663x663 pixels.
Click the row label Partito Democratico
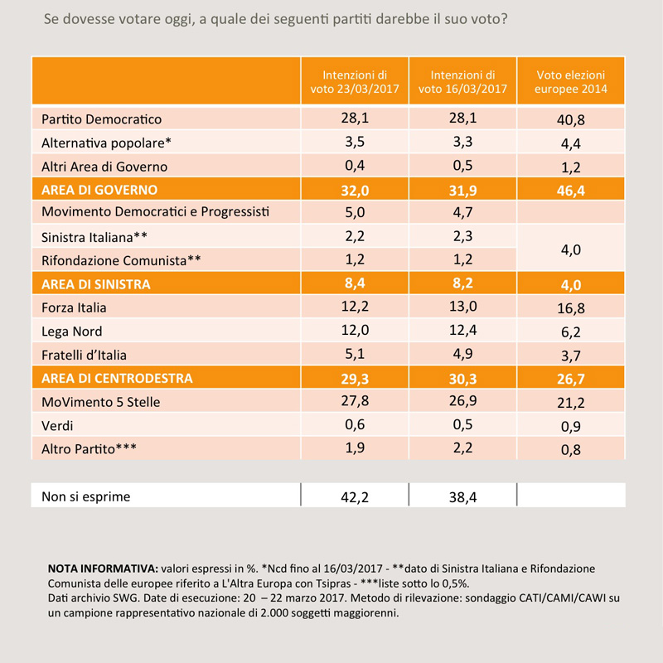101,119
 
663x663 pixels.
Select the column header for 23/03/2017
355,81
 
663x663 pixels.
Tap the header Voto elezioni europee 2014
571,81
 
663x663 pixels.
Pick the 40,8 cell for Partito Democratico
571,120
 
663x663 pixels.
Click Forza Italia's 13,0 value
463,306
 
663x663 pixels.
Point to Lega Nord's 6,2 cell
571,332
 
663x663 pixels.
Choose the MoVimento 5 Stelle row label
100,402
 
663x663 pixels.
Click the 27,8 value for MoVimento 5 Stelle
355,400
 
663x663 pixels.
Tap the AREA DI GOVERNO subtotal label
99,190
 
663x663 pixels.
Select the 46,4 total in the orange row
571,191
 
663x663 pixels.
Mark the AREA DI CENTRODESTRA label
117,378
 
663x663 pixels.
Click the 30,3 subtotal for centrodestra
463,379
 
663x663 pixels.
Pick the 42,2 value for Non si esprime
355,496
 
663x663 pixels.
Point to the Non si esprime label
86,496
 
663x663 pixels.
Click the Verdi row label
57,425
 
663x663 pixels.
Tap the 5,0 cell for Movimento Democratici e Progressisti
355,212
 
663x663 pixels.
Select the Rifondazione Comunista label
121,260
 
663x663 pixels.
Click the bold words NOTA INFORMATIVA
103,569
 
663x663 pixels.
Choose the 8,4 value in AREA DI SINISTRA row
355,283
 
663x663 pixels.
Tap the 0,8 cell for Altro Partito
571,449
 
